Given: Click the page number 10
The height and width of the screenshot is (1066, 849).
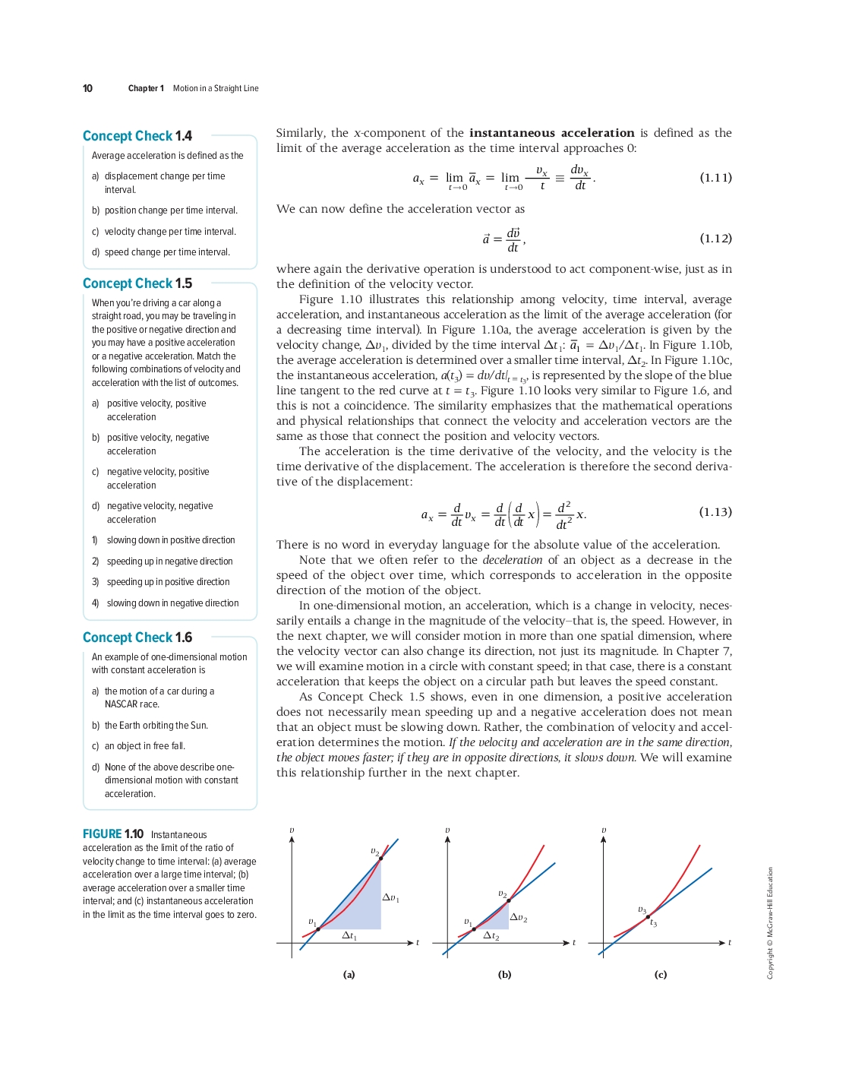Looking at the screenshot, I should point(87,88).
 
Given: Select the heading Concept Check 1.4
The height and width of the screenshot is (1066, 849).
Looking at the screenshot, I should point(137,136).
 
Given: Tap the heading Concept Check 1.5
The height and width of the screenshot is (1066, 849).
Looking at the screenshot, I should point(137,283).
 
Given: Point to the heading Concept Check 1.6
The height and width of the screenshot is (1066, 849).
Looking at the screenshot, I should point(137,637).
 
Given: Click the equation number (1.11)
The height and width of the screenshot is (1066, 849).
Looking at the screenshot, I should point(715,178).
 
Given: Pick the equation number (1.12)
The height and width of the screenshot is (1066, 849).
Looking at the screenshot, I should point(715,239).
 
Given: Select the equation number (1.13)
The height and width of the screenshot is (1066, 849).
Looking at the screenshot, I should point(715,512).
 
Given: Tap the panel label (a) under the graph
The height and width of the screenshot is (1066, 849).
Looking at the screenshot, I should point(349,974).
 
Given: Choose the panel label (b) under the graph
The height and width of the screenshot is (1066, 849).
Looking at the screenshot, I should point(504,974).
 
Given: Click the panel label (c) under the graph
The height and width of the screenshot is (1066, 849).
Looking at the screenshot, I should point(660,974).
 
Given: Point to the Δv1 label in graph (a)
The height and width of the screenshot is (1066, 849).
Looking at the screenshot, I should point(390,898).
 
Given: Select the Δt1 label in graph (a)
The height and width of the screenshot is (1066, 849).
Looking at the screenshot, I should point(349,935).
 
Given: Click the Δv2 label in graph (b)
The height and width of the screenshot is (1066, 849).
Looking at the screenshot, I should point(519,918).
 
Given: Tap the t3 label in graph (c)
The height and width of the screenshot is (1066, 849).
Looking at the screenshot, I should point(653,922).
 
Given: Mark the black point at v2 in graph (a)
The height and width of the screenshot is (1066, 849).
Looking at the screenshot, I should point(381,859).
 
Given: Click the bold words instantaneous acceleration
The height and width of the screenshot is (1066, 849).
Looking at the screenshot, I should point(551,133).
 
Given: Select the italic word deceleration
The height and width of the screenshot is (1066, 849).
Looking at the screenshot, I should point(513,560).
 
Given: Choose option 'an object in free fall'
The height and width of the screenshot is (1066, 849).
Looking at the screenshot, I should point(144,746).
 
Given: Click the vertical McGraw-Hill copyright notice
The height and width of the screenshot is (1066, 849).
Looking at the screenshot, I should point(770,923).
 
